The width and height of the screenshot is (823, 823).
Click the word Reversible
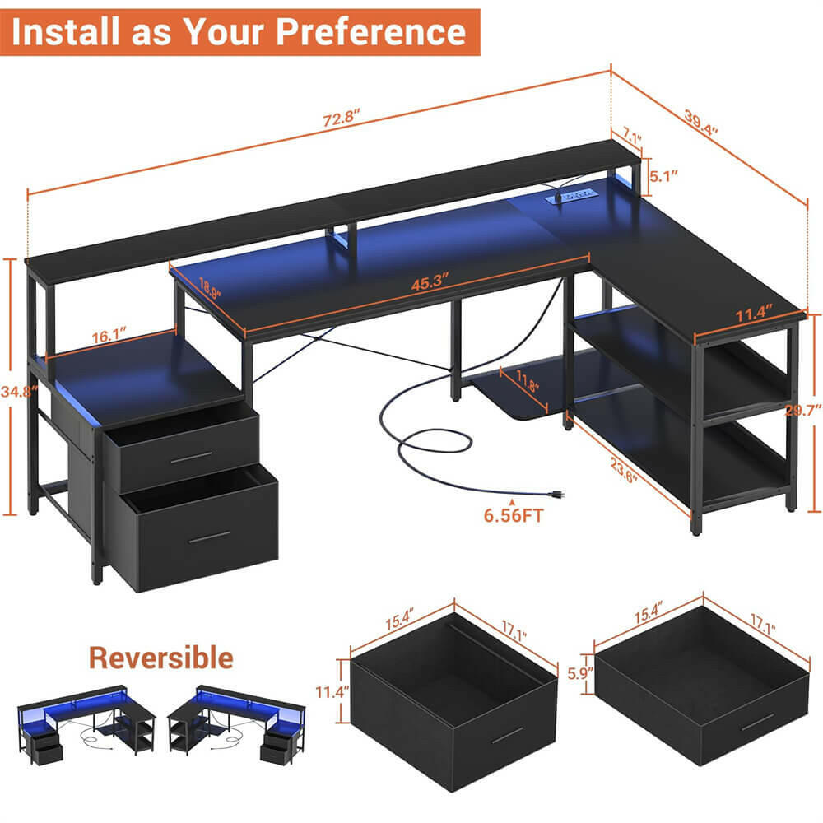click(161, 658)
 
